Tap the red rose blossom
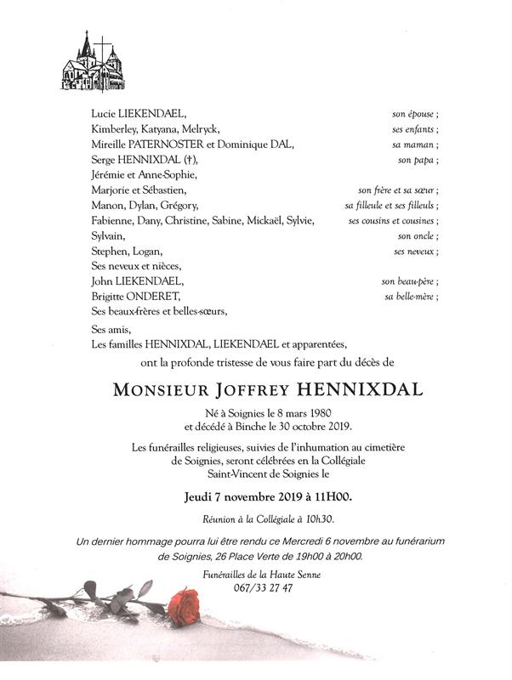[x=182, y=607]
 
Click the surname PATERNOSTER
[x=168, y=144]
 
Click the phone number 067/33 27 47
[x=255, y=588]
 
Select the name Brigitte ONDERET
[x=136, y=297]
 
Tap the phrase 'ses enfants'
[x=414, y=129]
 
